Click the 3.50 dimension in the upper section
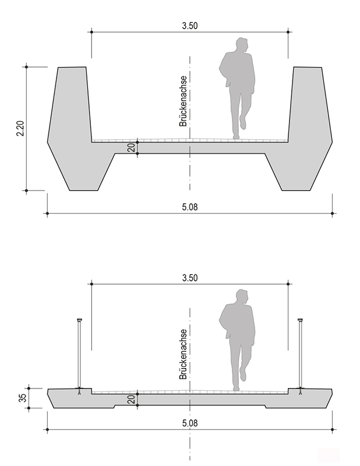pyautogui.click(x=190, y=26)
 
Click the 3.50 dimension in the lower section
pyautogui.click(x=190, y=278)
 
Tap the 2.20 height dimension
pyautogui.click(x=20, y=128)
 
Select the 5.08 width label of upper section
pyautogui.click(x=190, y=207)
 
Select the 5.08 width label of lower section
pyautogui.click(x=190, y=423)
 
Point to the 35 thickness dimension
pyautogui.click(x=23, y=398)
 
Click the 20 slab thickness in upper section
pyautogui.click(x=132, y=148)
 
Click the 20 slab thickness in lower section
pyautogui.click(x=132, y=400)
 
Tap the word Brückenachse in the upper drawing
pyautogui.click(x=183, y=101)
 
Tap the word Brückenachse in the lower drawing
pyautogui.click(x=183, y=354)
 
